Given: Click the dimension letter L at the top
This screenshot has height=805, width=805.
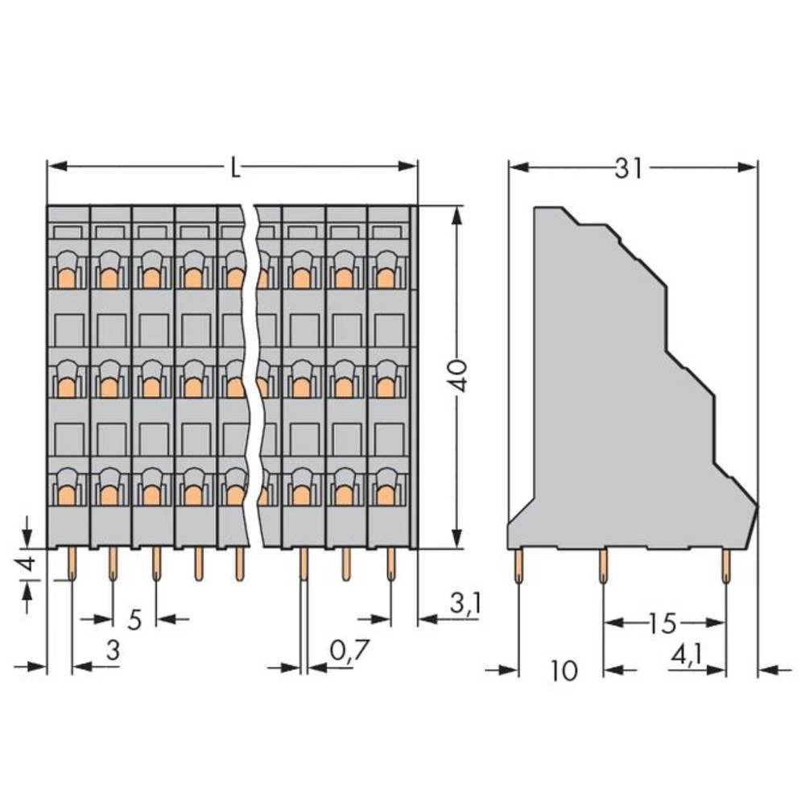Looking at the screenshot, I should [233, 168].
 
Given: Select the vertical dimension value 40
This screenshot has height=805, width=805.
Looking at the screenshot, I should [457, 376].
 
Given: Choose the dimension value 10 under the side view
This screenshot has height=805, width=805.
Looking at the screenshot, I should [565, 670].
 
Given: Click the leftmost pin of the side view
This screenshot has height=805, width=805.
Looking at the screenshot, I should [518, 567].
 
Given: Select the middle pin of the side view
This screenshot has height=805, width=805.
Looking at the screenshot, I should [603, 567].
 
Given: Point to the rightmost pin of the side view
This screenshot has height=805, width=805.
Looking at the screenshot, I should [727, 567].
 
